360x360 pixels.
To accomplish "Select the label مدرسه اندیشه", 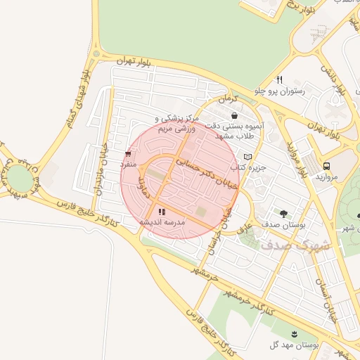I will (162, 222).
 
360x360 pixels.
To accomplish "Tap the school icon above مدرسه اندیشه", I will (162, 211).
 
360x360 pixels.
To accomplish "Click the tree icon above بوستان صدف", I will (283, 213).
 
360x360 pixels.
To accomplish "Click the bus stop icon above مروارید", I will (326, 165).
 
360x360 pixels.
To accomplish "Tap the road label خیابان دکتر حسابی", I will (200, 172).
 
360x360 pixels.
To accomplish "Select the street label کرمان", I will (229, 100).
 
